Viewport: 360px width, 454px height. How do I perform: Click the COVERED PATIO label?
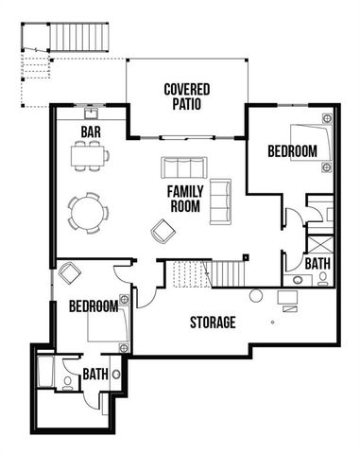[186, 96]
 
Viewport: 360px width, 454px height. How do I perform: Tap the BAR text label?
[91, 131]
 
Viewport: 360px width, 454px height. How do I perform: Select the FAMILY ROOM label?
[185, 199]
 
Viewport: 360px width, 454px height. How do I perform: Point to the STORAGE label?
[213, 323]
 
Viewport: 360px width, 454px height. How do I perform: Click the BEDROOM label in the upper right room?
[292, 150]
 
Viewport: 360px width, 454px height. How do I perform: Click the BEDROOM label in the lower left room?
[93, 306]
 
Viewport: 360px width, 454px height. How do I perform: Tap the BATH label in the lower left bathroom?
[94, 375]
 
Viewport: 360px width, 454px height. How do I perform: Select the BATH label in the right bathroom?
[317, 263]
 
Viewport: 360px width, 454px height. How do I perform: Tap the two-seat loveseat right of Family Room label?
[220, 197]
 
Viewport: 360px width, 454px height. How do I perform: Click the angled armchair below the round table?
[162, 230]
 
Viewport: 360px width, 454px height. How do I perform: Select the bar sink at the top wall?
[91, 111]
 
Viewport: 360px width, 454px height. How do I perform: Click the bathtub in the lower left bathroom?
[44, 372]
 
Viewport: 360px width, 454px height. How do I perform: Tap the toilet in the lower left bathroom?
[66, 383]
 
